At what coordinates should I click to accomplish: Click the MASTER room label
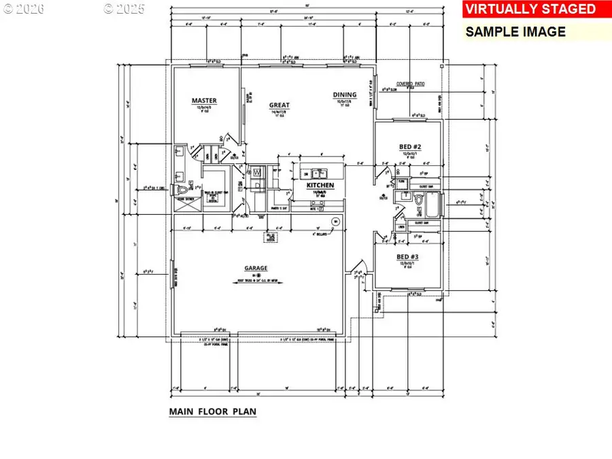coord(203,101)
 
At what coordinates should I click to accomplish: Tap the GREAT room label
coord(279,105)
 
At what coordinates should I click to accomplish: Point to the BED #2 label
coord(410,147)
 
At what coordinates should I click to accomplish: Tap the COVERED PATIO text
coord(411,83)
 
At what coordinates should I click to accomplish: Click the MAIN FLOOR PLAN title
coord(212,412)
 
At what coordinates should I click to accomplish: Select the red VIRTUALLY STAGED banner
coord(530,10)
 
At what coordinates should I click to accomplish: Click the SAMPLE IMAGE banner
coord(515,31)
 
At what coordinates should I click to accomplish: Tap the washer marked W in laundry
coord(256,173)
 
